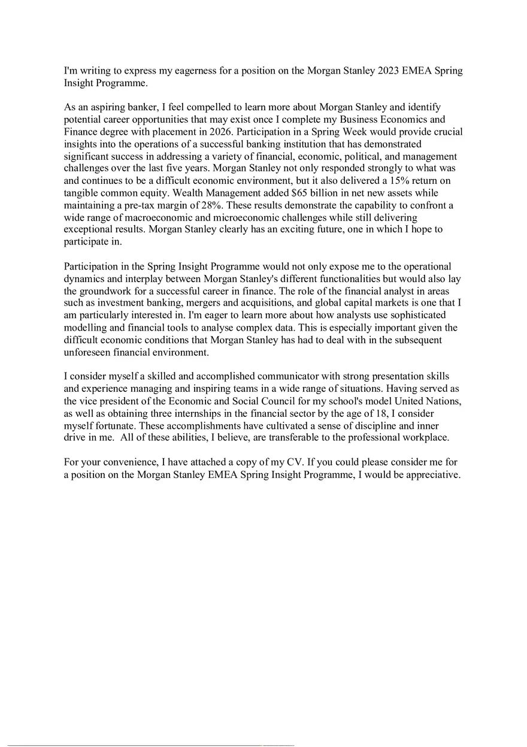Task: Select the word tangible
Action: pos(82,193)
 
